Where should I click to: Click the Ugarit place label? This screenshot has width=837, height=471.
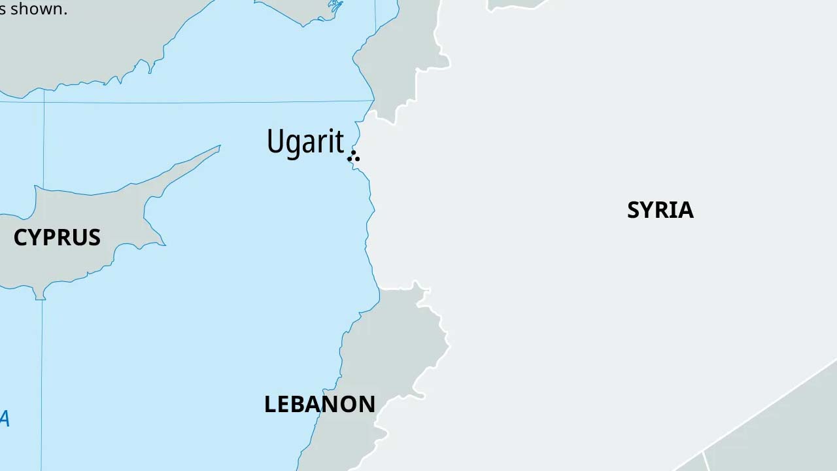[305, 142]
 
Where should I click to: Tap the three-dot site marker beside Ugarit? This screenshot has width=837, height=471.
[354, 156]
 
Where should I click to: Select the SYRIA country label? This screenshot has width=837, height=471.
[660, 210]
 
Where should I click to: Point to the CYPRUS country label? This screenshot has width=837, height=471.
[57, 237]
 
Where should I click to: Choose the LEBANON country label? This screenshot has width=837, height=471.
[320, 404]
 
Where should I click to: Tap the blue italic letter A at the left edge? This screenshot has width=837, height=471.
[4, 419]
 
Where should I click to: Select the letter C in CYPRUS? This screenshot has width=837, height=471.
[20, 237]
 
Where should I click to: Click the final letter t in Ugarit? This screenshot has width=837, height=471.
[339, 141]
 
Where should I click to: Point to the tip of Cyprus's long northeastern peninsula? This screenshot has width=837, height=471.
[219, 147]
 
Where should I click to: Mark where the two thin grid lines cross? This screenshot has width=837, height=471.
[44, 102]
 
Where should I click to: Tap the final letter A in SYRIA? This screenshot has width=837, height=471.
[685, 210]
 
